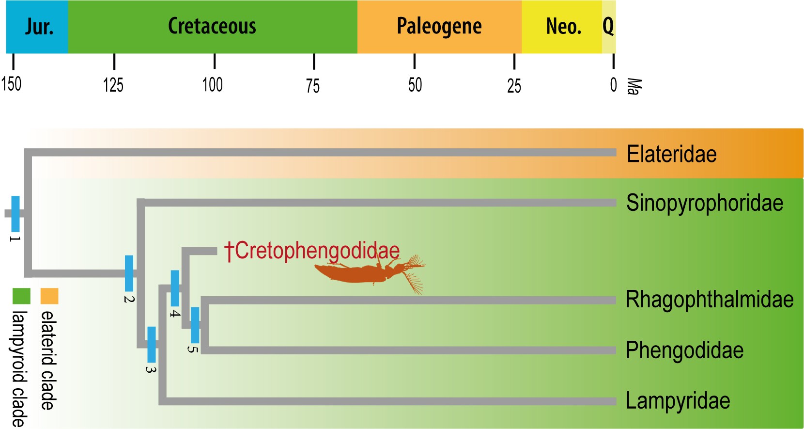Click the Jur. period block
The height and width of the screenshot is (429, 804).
click(x=37, y=27)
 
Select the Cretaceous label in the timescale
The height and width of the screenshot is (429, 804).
click(x=212, y=26)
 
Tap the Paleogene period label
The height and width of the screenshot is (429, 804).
click(x=439, y=26)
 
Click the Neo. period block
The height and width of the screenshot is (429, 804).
click(x=562, y=27)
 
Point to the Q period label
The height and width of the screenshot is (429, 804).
click(x=608, y=26)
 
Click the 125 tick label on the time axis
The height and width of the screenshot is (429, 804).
click(x=113, y=85)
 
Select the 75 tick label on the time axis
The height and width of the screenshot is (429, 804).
click(x=313, y=86)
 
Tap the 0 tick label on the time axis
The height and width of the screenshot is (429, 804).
click(x=613, y=85)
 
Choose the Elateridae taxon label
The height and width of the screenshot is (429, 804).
click(x=671, y=154)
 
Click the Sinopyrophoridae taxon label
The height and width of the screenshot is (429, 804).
click(x=704, y=203)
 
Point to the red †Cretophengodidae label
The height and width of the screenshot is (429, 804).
click(x=312, y=251)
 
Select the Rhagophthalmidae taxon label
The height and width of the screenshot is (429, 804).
click(x=709, y=300)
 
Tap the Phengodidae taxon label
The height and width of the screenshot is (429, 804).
click(x=684, y=350)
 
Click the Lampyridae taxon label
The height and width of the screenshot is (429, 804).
click(x=678, y=401)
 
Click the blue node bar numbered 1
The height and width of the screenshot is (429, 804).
click(x=15, y=214)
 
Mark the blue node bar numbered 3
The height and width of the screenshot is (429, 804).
click(x=152, y=345)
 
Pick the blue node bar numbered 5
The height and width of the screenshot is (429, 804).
click(x=195, y=325)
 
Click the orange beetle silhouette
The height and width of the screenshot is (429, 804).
click(x=363, y=273)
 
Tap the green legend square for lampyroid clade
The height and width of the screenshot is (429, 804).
click(x=21, y=296)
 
